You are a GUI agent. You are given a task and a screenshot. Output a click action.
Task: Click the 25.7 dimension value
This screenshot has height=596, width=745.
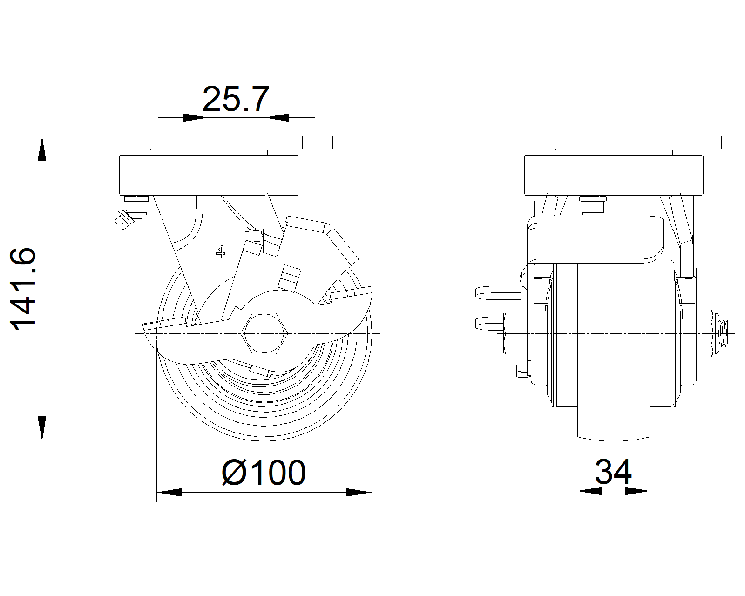pos(236,99)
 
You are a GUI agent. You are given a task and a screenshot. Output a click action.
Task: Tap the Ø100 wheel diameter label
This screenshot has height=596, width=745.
pos(264,473)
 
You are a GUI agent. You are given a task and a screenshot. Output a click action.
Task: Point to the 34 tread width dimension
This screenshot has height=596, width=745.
pos(613,472)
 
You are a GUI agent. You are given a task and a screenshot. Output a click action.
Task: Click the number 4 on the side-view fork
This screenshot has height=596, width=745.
pos(220,252)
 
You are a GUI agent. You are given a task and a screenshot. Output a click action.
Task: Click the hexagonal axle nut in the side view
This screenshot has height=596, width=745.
pos(264,333)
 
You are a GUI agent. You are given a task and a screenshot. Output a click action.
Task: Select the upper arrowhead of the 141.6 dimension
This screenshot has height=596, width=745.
pos(42,149)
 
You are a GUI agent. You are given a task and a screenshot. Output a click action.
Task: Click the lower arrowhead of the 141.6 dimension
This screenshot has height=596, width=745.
pos(42,428)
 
